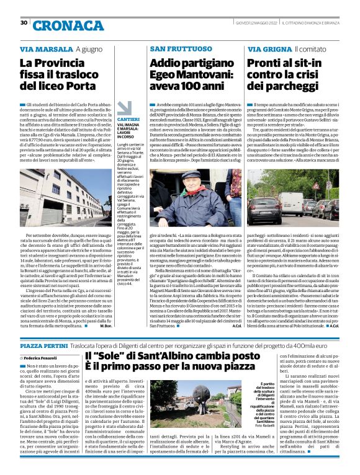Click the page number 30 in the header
click(24, 23)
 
